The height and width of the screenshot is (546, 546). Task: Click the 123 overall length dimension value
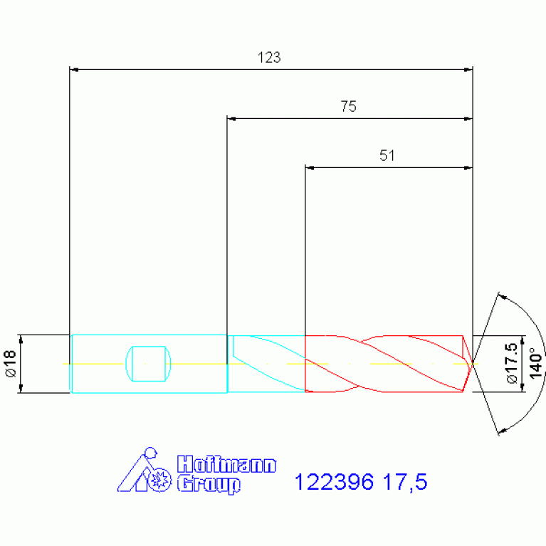point(269,58)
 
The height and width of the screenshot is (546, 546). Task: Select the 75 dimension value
point(349,107)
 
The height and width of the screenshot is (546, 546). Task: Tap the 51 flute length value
point(387,156)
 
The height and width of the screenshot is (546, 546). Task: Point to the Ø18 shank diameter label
point(11,364)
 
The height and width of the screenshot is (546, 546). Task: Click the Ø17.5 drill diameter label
point(512,363)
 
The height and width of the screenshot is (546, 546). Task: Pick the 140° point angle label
point(535,363)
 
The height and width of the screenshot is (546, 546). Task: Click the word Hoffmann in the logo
point(226,464)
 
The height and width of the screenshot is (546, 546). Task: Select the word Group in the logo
point(209,484)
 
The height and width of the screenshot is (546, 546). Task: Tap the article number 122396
point(334,482)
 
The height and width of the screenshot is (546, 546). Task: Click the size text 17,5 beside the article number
point(405,482)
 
